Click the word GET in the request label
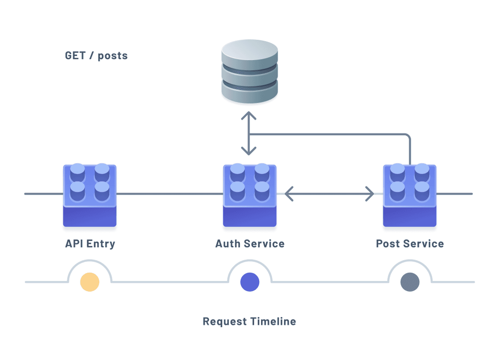pos(75,56)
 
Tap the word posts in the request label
pos(113,56)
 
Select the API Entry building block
pos(90,196)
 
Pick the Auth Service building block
pos(249,196)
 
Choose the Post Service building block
pos(410,196)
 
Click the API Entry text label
pos(90,244)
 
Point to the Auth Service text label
pos(249,244)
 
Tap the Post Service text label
pos(410,244)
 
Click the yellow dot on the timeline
pos(90,282)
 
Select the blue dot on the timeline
pos(249,282)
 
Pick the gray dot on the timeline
pos(410,282)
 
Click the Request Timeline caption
pos(249,321)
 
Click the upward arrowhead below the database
pos(249,115)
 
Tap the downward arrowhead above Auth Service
pos(249,151)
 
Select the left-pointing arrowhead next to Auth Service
pos(288,194)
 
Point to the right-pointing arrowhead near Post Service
pos(370,194)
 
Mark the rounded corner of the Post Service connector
pos(407,137)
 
